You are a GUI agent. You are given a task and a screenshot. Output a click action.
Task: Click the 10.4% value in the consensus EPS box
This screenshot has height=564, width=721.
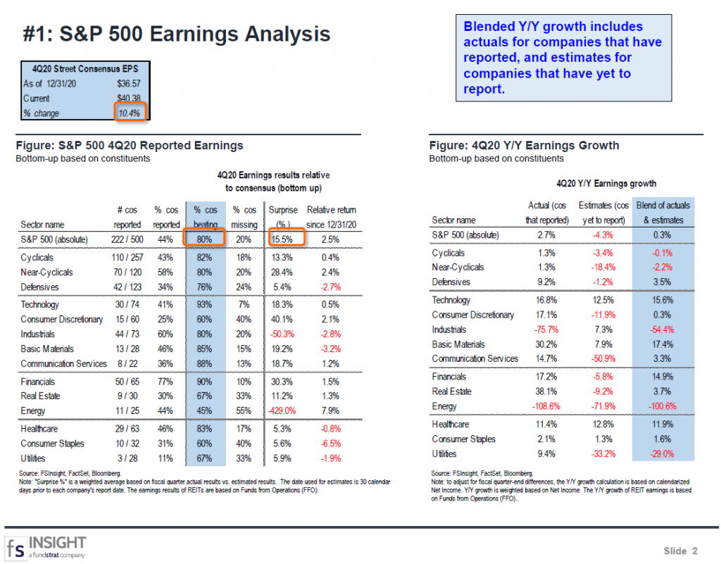[130, 113]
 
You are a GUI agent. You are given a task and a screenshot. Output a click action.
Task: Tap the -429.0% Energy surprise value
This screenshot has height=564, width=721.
[282, 411]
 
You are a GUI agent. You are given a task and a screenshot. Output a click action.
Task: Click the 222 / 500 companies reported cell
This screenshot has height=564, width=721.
[126, 239]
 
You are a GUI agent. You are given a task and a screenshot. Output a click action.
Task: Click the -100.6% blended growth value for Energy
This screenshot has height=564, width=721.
[662, 406]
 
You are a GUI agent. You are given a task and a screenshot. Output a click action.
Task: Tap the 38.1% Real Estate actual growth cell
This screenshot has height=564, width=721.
[547, 391]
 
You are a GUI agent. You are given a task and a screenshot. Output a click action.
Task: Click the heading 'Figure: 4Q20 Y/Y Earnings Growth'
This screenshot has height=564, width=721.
[524, 146]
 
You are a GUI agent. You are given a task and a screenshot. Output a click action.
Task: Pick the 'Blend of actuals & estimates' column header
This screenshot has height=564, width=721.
[663, 213]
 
